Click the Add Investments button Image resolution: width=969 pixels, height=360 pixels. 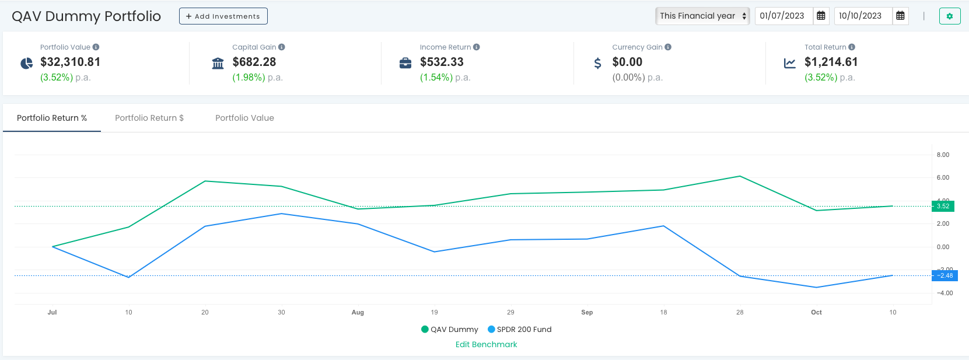[223, 16]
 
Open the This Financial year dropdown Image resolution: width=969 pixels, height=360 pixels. [702, 16]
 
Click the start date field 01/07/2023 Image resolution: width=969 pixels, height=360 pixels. [782, 16]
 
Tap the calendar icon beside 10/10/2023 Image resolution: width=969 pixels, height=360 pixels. [900, 16]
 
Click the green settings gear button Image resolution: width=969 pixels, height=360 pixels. [950, 16]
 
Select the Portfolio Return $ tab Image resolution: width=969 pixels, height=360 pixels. [149, 118]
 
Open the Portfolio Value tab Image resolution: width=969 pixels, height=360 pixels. [244, 118]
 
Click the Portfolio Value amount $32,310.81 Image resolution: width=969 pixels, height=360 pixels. [70, 62]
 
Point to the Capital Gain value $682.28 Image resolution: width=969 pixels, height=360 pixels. [254, 62]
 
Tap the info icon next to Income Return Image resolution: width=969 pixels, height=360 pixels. [476, 47]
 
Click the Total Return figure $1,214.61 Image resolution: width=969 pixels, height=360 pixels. [831, 62]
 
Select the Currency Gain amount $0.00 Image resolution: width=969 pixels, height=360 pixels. [627, 62]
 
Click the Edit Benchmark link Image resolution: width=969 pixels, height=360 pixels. [486, 344]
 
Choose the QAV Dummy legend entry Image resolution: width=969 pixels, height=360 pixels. [449, 329]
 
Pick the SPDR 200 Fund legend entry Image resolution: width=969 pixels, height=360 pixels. [520, 329]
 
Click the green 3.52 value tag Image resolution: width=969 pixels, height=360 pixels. [943, 206]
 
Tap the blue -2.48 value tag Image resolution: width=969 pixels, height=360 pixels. [944, 275]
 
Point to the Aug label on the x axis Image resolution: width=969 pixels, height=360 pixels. [358, 312]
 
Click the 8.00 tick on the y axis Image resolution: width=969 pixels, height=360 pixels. [943, 155]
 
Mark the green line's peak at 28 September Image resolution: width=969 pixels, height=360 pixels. [740, 176]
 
